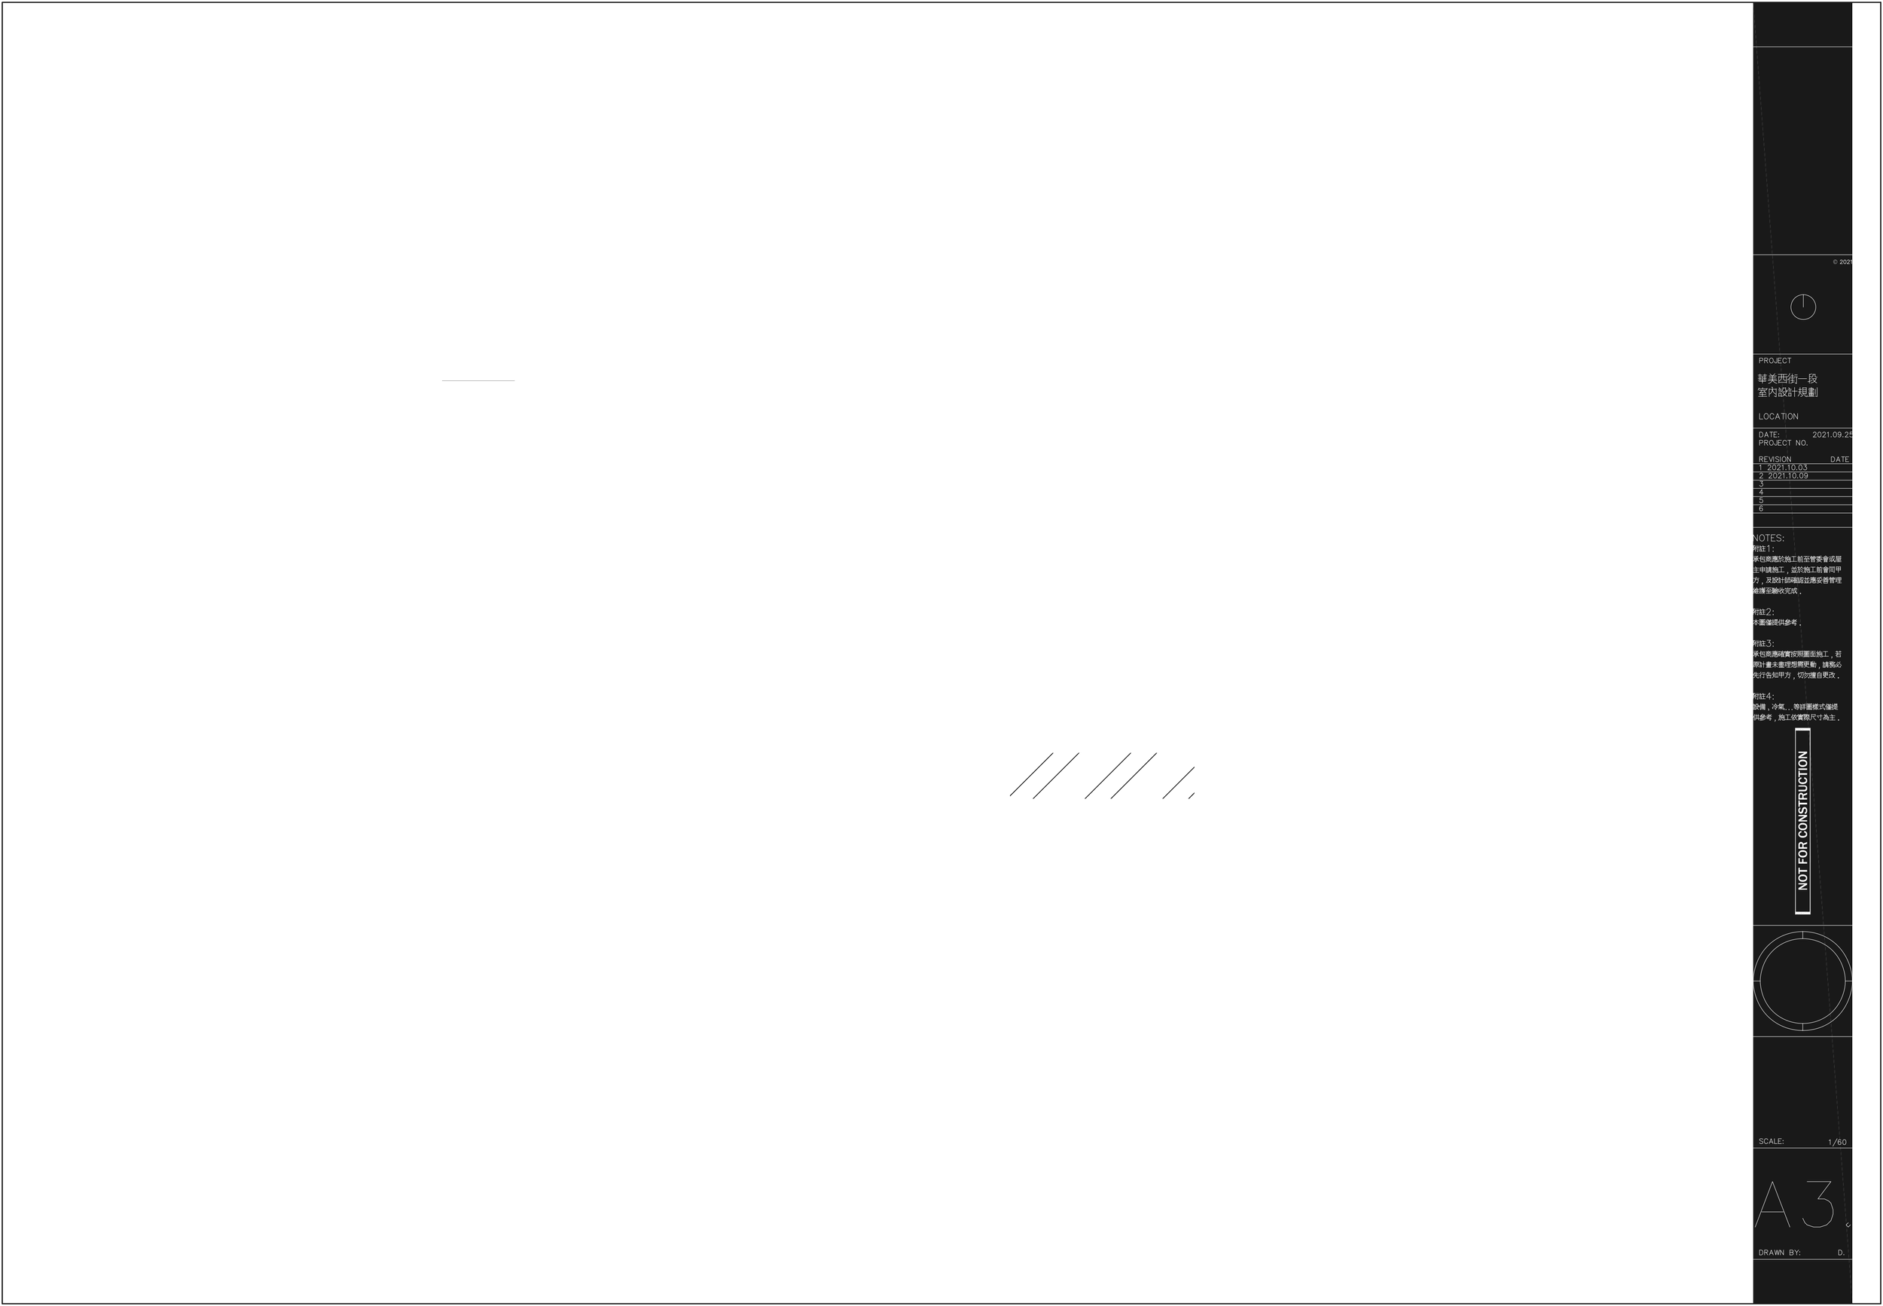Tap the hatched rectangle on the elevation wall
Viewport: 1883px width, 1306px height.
[x=1101, y=775]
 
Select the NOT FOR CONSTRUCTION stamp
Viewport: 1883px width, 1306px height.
[x=1803, y=821]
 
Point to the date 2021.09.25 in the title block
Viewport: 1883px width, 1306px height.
[x=1833, y=435]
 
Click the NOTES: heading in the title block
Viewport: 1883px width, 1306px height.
[x=1769, y=539]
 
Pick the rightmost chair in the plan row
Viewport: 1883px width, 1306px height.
[x=1216, y=316]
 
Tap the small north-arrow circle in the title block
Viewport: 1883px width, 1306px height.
[x=1803, y=307]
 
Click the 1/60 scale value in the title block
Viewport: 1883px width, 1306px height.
[x=1837, y=1143]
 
